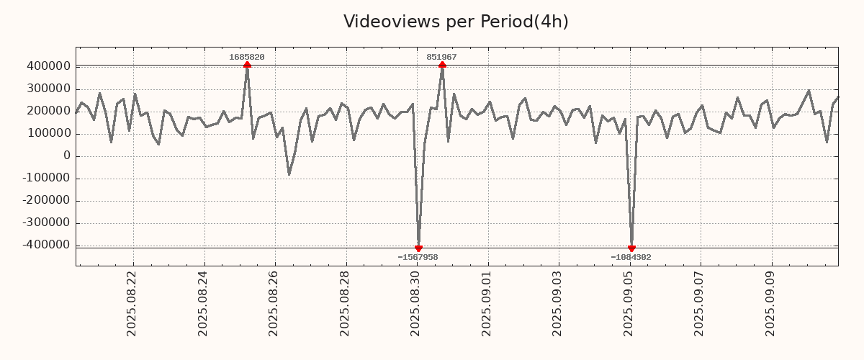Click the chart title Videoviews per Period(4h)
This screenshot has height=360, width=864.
(x=456, y=22)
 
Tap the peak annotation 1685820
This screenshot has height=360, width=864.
(x=247, y=57)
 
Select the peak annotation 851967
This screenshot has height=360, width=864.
(x=441, y=57)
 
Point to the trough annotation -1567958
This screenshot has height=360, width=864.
(x=418, y=257)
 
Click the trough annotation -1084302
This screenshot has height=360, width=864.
(x=631, y=257)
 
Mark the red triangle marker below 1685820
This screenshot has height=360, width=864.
(x=247, y=65)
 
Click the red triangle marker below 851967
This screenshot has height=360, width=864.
(x=442, y=65)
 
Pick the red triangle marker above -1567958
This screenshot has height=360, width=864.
(x=418, y=248)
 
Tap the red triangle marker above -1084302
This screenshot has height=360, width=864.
(x=631, y=248)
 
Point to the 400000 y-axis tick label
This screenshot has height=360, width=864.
(x=48, y=66)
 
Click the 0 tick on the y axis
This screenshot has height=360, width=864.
(x=66, y=156)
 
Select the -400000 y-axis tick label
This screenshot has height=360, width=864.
(x=45, y=245)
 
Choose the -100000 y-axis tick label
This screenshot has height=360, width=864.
(x=45, y=178)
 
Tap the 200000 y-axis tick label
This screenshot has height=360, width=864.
(x=48, y=111)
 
